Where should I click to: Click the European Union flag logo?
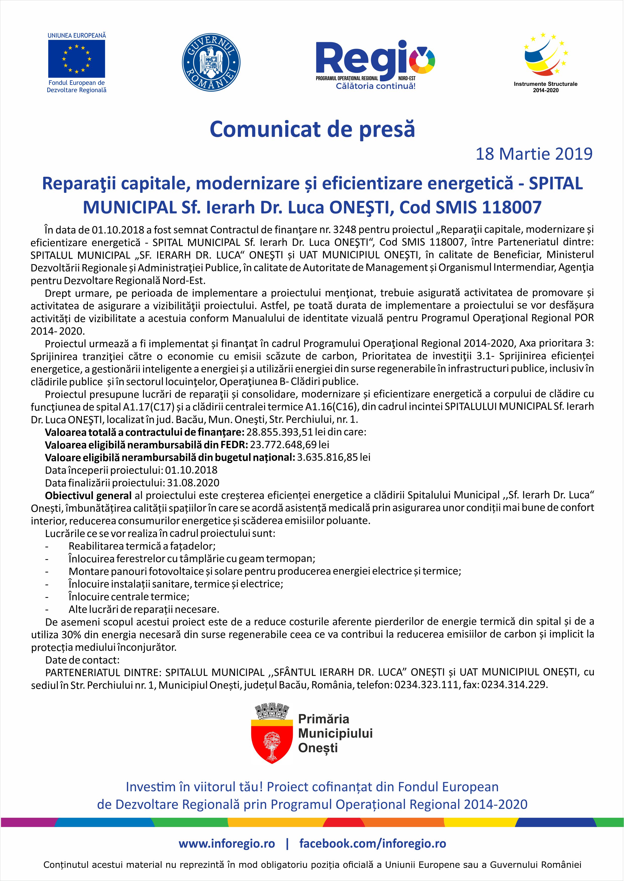(x=77, y=59)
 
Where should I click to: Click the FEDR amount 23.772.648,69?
(x=283, y=445)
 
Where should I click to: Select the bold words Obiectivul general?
(x=88, y=495)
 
